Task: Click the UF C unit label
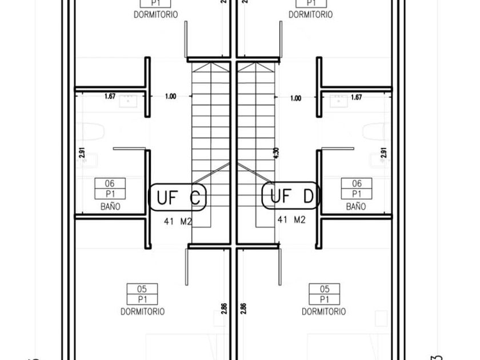point(178,198)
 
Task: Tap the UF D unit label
point(291,196)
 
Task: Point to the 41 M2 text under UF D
point(291,219)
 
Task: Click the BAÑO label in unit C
point(110,207)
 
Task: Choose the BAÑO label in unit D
point(355,207)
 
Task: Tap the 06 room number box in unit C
point(110,184)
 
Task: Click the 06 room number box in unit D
point(357,184)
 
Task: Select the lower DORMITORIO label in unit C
point(142,311)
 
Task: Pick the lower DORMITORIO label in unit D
point(324,311)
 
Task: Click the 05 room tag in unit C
point(142,289)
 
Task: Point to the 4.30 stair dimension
point(277,153)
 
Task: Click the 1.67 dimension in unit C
point(110,97)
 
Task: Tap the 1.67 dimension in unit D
point(355,98)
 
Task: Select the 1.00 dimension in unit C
point(170,97)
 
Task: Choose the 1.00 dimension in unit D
point(295,98)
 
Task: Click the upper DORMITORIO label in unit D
point(310,15)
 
